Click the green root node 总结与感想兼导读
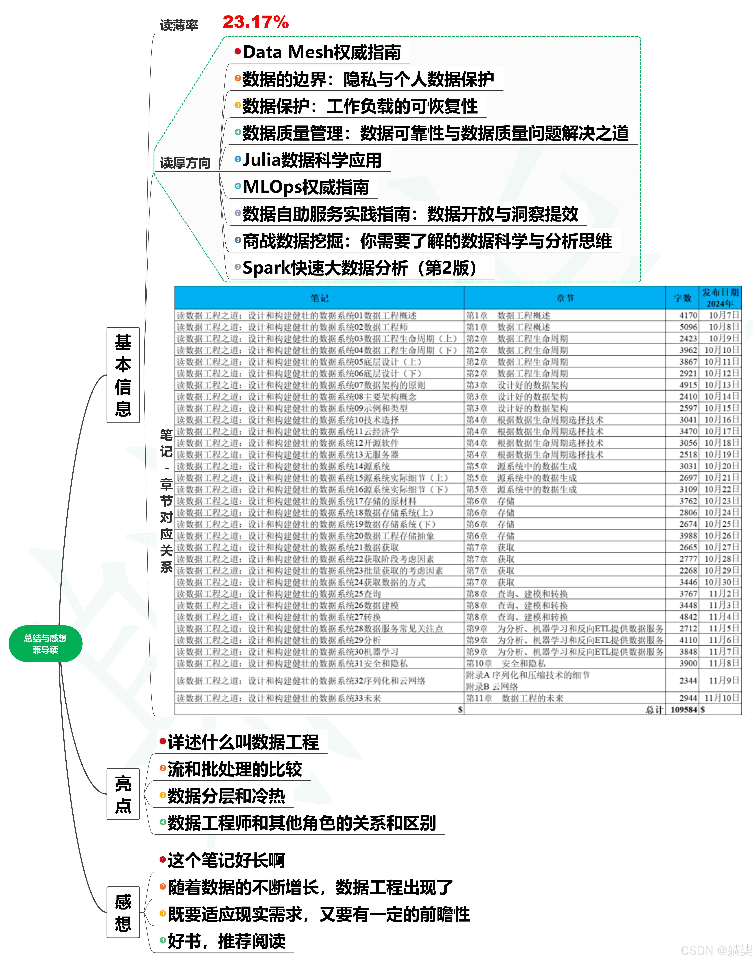[45, 644]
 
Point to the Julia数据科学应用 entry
[312, 160]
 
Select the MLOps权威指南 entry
[306, 187]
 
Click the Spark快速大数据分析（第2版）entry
[359, 268]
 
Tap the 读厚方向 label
[185, 163]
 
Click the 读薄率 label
[179, 25]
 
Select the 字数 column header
[683, 298]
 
